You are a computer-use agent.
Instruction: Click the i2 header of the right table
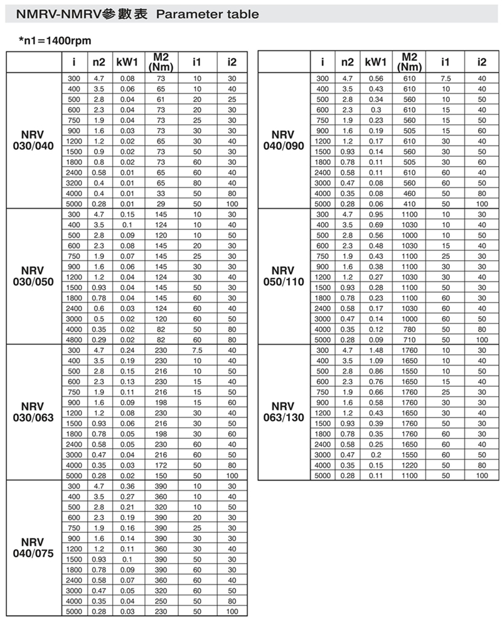tap(481, 62)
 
